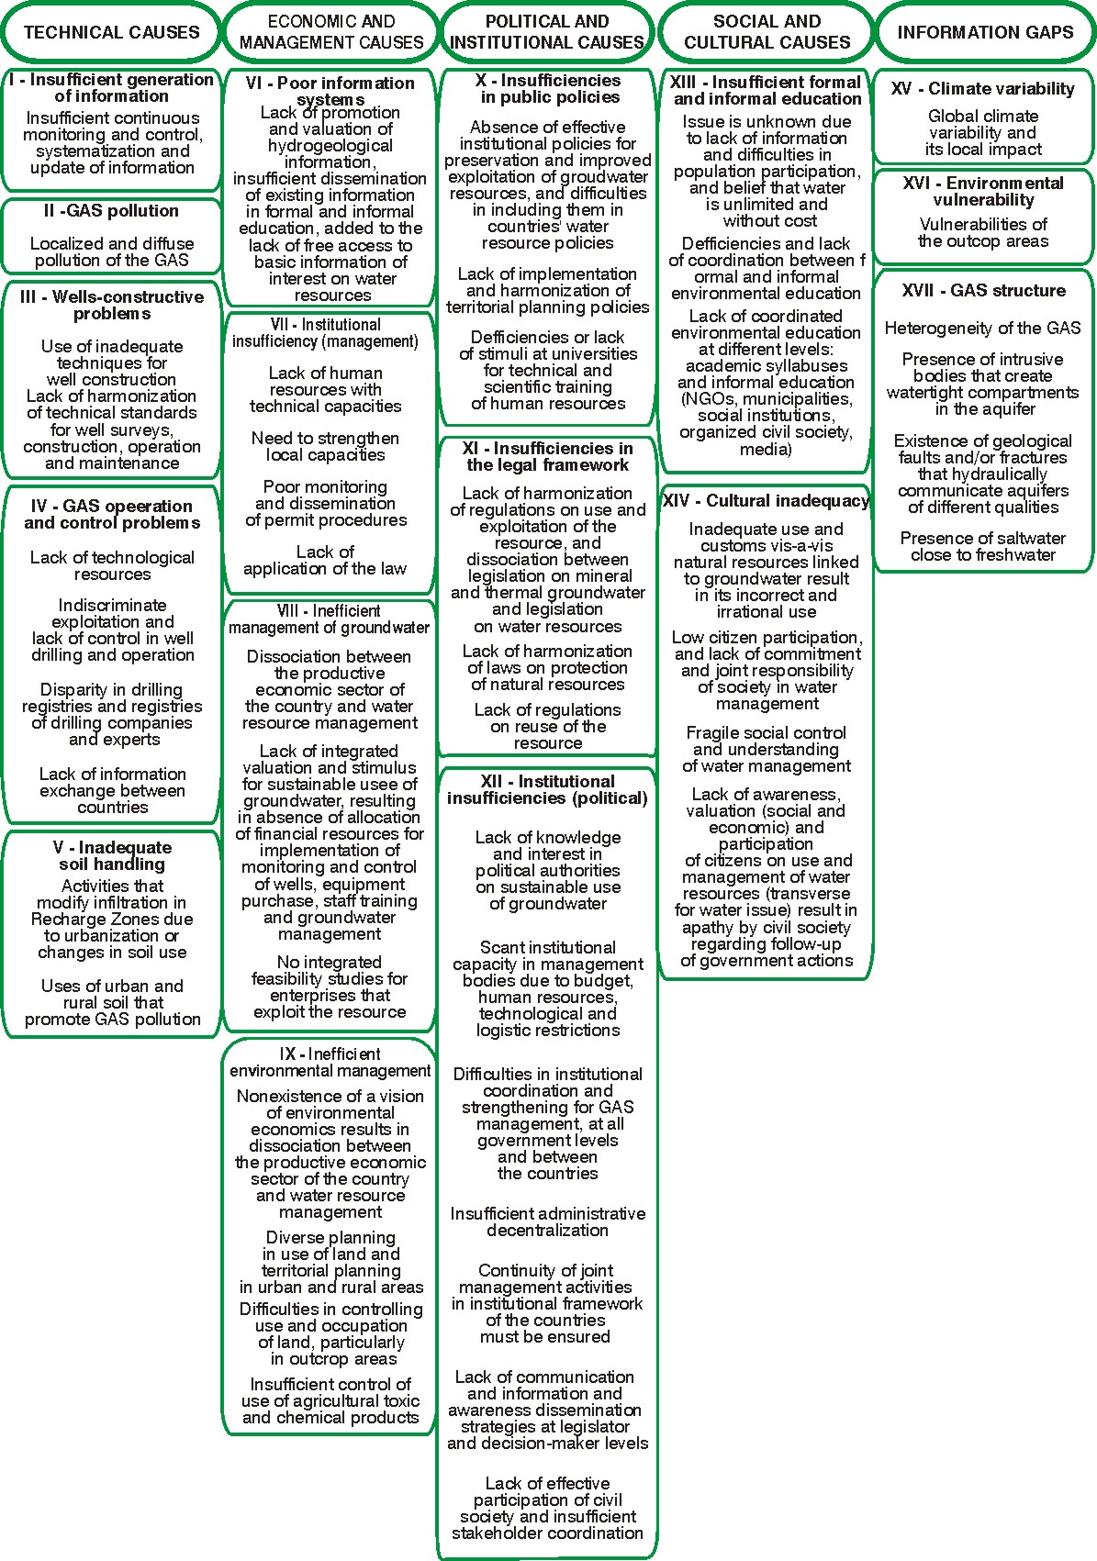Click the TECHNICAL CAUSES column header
[x=111, y=32]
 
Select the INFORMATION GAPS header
[x=985, y=32]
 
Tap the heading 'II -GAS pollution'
[x=111, y=211]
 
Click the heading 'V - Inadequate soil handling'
[x=112, y=855]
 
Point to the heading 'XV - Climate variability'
[x=983, y=89]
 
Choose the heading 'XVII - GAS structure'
[x=983, y=291]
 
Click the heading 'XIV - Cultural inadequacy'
[x=766, y=501]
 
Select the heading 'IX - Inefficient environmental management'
[x=330, y=1063]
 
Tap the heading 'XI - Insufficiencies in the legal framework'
[x=548, y=456]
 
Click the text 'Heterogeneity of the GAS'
[x=983, y=329]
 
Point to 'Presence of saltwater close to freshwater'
[x=983, y=546]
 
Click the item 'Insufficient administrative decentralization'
[x=548, y=1221]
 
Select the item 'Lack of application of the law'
[x=325, y=560]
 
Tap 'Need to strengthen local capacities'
[x=325, y=447]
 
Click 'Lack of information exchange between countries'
[x=112, y=790]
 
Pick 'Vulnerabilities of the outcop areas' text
[x=983, y=233]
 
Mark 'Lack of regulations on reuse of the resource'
[x=548, y=726]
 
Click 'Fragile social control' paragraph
[x=767, y=749]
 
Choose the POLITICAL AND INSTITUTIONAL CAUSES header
[x=548, y=32]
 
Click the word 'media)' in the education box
[x=766, y=449]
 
